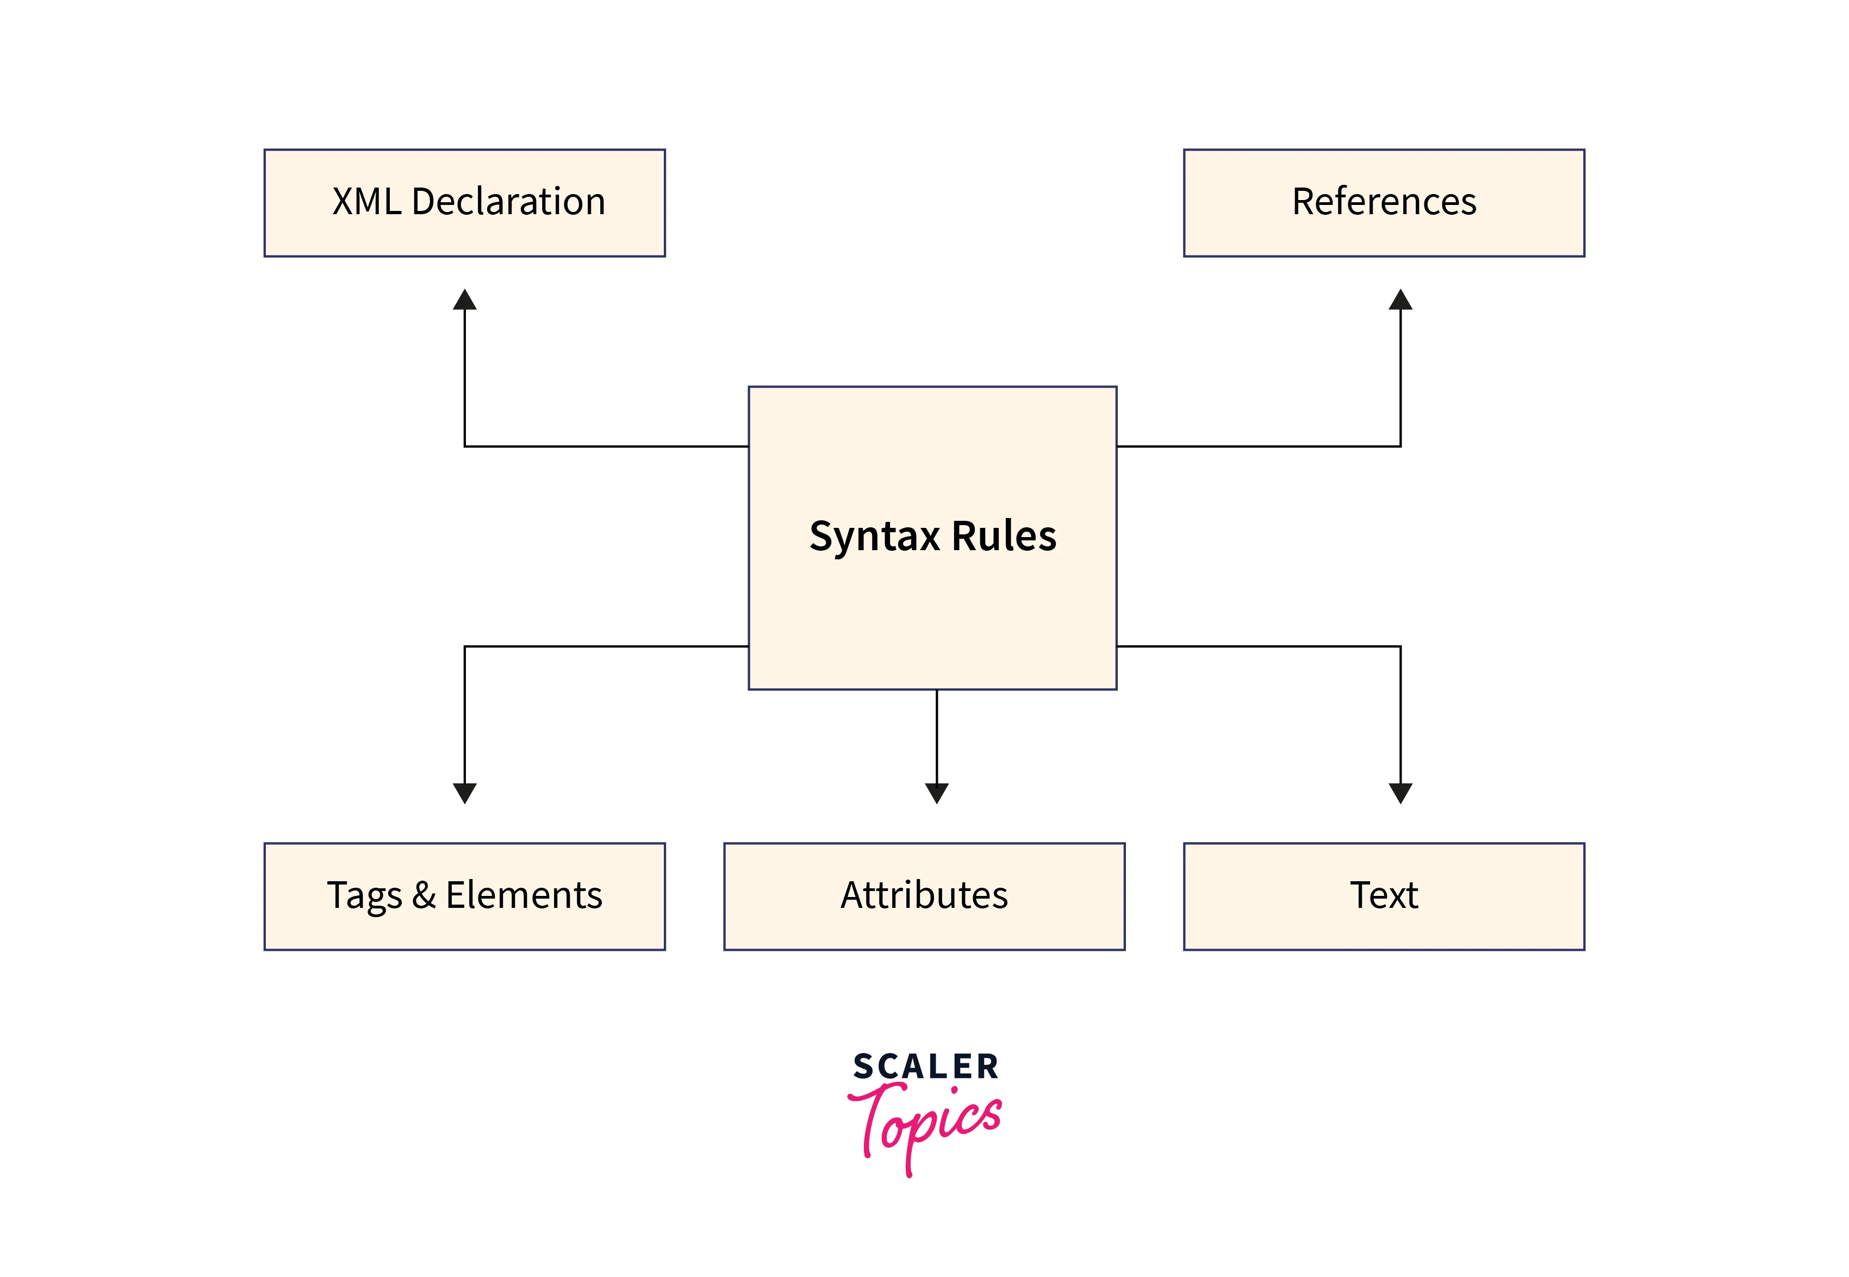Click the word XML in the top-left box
pos(366,202)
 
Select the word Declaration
pos(508,202)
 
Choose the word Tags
pos(364,896)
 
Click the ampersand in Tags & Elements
pos(424,895)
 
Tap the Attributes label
pos(924,895)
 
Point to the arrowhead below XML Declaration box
pos(465,300)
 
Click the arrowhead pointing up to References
pos(1400,300)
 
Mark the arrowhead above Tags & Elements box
pos(465,793)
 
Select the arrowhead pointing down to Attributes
pos(936,793)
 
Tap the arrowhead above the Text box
pos(1400,793)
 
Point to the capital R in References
pos(1304,202)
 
